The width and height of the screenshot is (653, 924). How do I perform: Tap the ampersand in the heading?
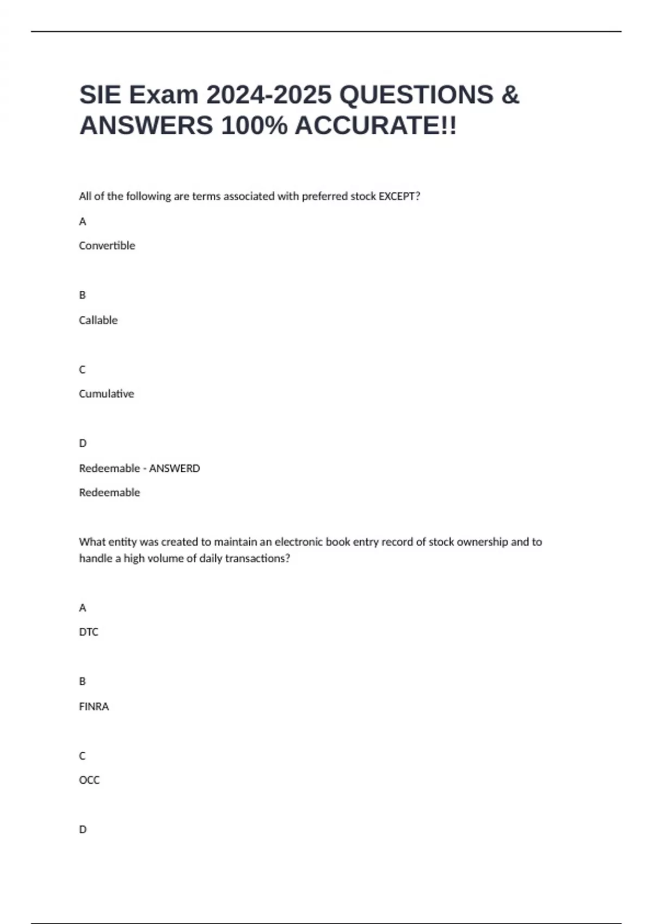point(510,95)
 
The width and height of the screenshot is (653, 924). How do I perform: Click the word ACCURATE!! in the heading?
point(375,126)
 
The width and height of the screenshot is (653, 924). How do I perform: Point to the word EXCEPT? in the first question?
point(399,196)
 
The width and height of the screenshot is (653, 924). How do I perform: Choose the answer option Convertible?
point(107,246)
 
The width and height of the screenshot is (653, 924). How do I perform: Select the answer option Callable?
point(98,320)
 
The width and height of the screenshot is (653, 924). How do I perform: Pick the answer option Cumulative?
point(106,394)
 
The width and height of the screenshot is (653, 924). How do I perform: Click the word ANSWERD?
point(174,468)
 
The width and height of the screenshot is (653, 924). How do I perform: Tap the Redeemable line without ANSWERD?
point(109,492)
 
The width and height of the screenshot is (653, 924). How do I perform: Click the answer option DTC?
point(89,632)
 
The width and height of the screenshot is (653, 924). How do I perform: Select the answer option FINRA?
point(94,707)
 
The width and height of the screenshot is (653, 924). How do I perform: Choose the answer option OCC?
point(89,780)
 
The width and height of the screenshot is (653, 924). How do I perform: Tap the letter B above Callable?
point(83,295)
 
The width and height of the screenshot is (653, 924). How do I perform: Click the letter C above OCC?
point(83,756)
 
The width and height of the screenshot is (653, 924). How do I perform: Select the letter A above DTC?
point(83,608)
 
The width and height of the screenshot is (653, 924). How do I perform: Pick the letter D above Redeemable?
point(83,444)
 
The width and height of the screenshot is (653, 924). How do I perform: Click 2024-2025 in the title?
point(268,95)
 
